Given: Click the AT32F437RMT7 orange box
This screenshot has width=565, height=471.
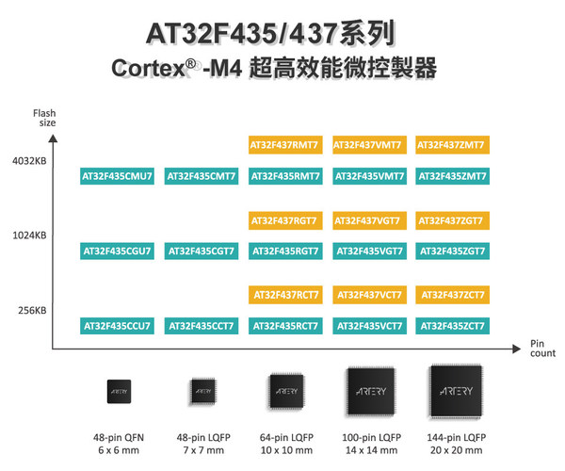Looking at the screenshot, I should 284,145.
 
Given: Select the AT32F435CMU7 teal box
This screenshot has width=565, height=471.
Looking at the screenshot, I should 117,175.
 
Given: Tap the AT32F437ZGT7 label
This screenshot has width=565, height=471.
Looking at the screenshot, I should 452,220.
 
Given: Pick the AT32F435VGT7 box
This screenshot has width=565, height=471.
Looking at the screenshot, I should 368,251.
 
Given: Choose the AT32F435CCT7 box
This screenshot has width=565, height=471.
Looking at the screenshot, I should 200,326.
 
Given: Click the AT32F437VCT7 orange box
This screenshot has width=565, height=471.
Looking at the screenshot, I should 368,295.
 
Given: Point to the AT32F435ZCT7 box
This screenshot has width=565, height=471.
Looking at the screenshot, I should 452,326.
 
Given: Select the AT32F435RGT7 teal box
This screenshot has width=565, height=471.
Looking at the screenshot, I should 284,251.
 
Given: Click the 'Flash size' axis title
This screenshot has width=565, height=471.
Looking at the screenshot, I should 46,118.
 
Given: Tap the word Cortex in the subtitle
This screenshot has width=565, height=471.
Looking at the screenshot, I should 145,71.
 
